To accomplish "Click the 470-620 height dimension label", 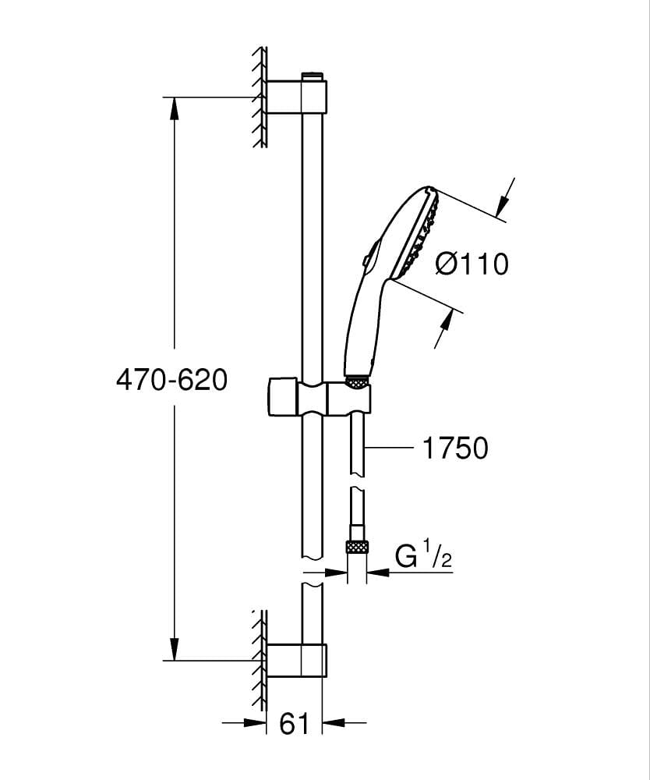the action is point(171,381).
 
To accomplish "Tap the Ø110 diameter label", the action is point(472,263).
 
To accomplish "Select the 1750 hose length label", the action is point(454,448).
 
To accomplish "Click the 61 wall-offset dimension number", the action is point(294,723).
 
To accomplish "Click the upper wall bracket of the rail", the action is point(297,97).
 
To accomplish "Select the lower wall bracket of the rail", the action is point(297,660).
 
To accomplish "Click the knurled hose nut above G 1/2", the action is point(357,548).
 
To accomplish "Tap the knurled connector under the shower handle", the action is point(356,382).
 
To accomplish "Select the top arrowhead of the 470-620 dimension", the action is point(174,108).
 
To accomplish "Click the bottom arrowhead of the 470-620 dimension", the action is point(174,649).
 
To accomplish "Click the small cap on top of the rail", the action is point(312,76).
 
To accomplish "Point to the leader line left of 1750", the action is point(390,448).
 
